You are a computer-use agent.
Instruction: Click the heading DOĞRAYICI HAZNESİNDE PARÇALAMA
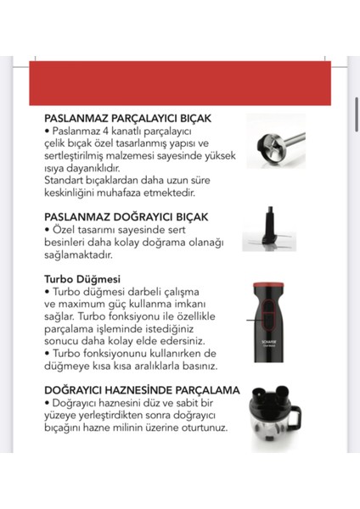coord(141,390)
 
